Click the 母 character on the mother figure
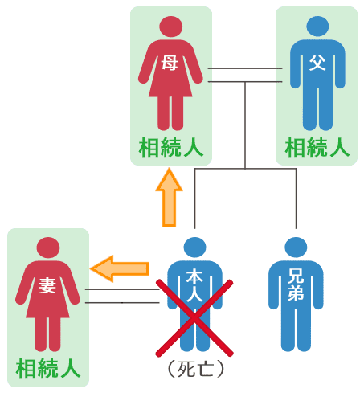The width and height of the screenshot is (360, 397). pos(170,63)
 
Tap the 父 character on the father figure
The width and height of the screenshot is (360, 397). pos(317,63)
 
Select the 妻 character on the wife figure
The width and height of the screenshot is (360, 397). pos(47,285)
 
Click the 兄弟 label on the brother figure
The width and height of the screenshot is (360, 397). pos(296,284)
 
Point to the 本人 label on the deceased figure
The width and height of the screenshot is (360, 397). pos(194,285)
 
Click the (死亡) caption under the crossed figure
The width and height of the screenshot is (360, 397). pos(195,369)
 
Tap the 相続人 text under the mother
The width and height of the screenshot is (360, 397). pos(171,147)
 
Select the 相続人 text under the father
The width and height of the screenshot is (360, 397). pos(317,147)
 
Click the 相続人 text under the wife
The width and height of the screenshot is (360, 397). pos(48,369)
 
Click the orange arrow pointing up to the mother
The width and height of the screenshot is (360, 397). pos(169,198)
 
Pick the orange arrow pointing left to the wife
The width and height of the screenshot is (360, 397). pos(119,268)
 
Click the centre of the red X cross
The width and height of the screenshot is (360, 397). pos(194,318)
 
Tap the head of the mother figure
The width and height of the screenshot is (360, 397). pos(170,27)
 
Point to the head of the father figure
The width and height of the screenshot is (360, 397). pos(317,27)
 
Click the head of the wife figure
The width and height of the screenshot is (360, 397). pos(48,248)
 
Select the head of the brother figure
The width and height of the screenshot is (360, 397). pos(296,248)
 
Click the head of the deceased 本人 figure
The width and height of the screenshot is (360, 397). pos(194,248)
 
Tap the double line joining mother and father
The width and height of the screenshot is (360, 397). pos(245,75)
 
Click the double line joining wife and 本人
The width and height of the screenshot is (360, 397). pos(122,296)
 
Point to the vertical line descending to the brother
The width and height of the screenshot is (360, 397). pos(296,198)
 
